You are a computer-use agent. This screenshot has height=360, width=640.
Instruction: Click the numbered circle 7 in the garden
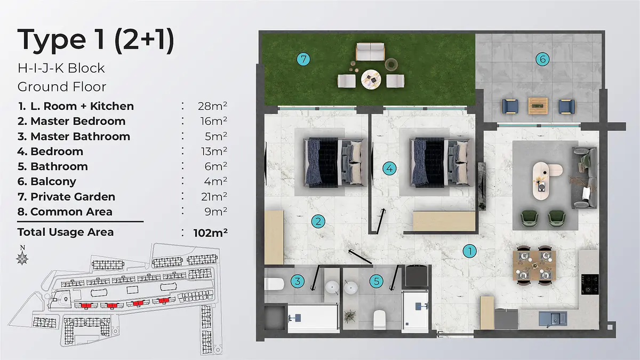pos(303,59)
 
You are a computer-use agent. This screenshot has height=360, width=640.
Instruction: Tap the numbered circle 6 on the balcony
pos(542,59)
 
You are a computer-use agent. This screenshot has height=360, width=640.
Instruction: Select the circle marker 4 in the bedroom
pos(389,169)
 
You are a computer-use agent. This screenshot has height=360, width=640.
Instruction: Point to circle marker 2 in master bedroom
pos(318,221)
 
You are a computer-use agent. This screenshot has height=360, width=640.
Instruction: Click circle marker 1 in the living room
pos(469,251)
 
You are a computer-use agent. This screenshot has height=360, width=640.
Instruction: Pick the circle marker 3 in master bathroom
pos(298,281)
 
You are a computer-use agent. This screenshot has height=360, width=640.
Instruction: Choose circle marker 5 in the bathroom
pos(377,281)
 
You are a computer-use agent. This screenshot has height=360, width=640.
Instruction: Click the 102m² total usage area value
pos(210,233)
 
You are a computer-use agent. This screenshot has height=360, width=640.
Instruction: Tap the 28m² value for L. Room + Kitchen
pos(212,106)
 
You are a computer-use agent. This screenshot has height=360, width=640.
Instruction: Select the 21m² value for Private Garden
pos(214,196)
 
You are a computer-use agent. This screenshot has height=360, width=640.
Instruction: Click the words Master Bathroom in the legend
pos(81,137)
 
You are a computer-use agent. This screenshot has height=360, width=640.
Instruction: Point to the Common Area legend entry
pos(65,212)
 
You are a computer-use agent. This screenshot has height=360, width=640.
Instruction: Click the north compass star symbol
pos(22,258)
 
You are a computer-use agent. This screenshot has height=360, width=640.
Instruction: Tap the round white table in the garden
pos(371,79)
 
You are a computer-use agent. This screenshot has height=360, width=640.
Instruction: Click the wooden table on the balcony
pos(538,106)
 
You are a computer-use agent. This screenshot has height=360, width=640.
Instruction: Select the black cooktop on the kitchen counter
pos(590,284)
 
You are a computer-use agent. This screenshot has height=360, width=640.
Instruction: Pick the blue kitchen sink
pos(553,319)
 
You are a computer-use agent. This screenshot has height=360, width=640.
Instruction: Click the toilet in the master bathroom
pos(274,284)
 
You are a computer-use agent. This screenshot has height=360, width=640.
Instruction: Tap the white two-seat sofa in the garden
pos(370,52)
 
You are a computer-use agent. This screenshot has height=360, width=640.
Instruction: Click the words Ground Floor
pos(62,87)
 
